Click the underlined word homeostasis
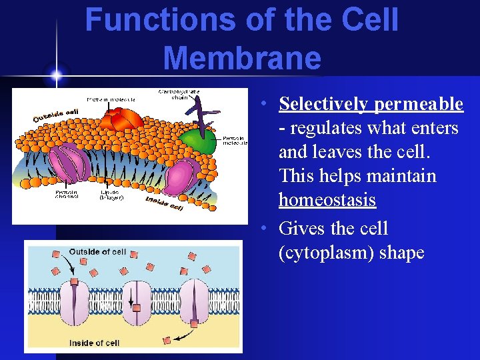point(327,199)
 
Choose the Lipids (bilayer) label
point(111,193)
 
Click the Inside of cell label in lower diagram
point(94,343)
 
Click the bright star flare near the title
point(57,73)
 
